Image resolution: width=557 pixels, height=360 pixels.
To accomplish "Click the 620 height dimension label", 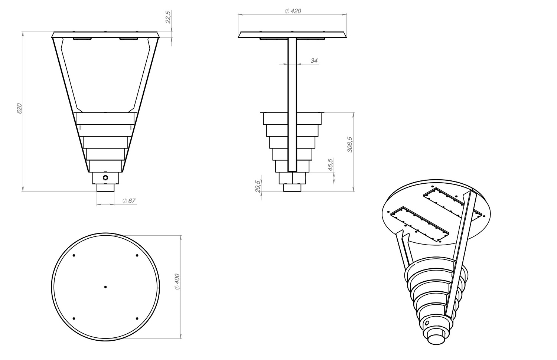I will (x=20, y=108).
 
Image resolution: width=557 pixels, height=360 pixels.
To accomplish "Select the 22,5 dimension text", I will (x=168, y=17).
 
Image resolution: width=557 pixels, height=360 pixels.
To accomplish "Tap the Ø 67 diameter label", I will (x=129, y=201).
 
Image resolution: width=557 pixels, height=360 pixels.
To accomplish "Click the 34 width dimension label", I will (x=314, y=60).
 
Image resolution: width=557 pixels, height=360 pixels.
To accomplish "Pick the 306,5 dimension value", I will (x=349, y=144).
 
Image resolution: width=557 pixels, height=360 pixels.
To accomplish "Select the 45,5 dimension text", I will (x=330, y=164).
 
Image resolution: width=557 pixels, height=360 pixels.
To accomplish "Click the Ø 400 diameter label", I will (x=177, y=282).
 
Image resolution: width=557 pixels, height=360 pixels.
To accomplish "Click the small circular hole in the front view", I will (x=105, y=178).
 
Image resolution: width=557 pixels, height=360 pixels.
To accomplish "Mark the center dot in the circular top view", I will (x=105, y=287).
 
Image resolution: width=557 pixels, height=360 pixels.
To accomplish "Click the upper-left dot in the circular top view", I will (x=74, y=255).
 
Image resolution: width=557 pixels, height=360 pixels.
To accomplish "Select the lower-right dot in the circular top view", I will (x=137, y=318).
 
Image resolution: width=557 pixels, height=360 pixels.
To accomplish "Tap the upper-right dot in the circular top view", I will (x=137, y=255).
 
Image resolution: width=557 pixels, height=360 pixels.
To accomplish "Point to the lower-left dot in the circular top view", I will (x=74, y=318).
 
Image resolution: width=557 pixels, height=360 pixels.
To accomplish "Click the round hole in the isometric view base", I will (x=427, y=323).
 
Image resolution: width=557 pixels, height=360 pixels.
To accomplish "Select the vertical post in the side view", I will (x=292, y=104).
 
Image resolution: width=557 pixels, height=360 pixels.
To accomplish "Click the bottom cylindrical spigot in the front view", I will (x=105, y=188).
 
